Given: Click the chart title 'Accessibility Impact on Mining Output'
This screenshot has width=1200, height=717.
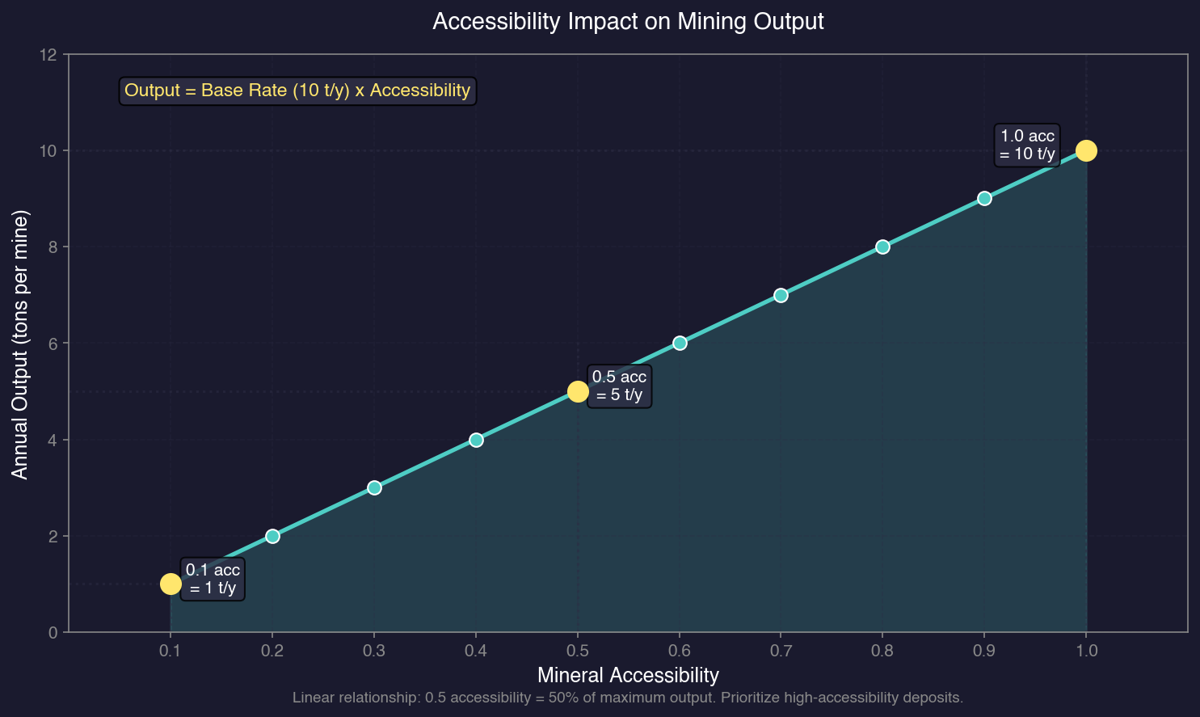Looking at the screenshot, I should click(x=628, y=21).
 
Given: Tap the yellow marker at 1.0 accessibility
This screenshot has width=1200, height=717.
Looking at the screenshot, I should click(x=1086, y=150).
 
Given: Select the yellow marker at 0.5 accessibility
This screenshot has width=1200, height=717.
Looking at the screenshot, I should click(x=578, y=391).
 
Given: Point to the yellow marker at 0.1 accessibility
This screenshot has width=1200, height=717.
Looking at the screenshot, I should click(x=171, y=584).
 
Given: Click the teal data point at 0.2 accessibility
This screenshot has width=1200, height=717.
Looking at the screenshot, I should click(x=272, y=536).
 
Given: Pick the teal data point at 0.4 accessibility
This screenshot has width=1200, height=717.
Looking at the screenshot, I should click(x=476, y=440).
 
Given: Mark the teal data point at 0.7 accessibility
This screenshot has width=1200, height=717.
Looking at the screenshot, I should click(x=781, y=295).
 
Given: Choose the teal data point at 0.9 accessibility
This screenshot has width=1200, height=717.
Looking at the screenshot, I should click(x=984, y=198).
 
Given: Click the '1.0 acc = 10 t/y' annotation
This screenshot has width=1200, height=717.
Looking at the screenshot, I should click(x=1026, y=146).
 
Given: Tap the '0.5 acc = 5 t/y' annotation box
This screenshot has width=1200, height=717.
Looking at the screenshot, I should click(x=619, y=386).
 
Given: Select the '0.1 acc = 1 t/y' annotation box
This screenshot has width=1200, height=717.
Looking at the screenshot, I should click(x=213, y=579).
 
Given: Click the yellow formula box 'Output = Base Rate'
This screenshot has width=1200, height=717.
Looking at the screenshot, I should click(x=297, y=91).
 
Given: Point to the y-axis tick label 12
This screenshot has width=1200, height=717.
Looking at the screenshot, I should click(x=49, y=55).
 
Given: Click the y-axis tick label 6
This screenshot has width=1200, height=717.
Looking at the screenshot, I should click(x=53, y=344).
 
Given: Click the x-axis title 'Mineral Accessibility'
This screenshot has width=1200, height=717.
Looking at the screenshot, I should click(x=628, y=675).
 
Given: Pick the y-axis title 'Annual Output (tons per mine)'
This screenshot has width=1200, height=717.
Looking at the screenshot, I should click(x=21, y=344).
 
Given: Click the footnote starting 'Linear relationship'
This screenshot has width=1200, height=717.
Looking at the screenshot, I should click(x=628, y=698).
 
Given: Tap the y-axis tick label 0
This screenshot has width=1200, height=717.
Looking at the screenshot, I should click(x=53, y=633).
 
